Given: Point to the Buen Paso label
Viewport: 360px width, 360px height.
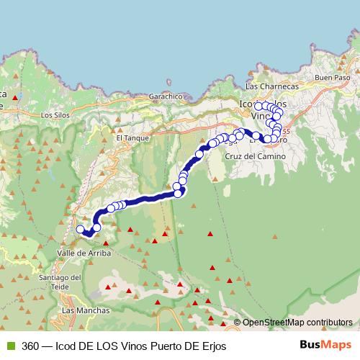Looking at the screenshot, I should pos(331,77).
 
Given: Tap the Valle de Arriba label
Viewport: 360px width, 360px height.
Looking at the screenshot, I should pos(83,253).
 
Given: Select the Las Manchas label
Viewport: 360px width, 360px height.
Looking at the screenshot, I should pos(86,310).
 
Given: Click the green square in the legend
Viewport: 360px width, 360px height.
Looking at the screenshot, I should pos(9,346).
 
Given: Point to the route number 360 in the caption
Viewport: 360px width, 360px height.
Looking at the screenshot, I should pos(30,346).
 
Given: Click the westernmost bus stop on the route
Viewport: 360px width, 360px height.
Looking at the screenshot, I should pos(80,230).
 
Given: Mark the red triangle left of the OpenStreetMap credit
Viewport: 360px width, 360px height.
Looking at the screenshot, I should pos(228,323).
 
